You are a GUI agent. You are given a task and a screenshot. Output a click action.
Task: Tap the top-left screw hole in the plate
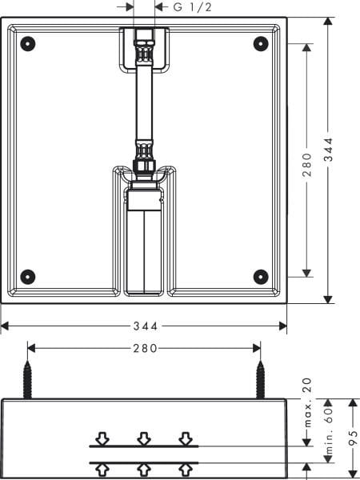coord(28,43)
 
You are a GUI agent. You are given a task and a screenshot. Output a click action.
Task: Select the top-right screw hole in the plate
coord(260,43)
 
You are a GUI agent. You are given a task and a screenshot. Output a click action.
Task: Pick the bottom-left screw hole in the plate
coord(28,276)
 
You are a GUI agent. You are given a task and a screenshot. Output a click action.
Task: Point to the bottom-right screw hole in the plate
coord(260,276)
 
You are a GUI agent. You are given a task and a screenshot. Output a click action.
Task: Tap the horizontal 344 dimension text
coord(144,326)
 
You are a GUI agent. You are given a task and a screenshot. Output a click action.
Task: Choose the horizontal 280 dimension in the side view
coord(144,348)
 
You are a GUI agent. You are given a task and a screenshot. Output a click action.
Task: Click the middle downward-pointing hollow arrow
coord(144,438)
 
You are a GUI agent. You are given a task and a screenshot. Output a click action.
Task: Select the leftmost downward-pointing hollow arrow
coord(102,438)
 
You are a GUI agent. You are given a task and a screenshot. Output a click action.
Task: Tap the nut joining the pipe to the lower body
coord(144,163)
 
